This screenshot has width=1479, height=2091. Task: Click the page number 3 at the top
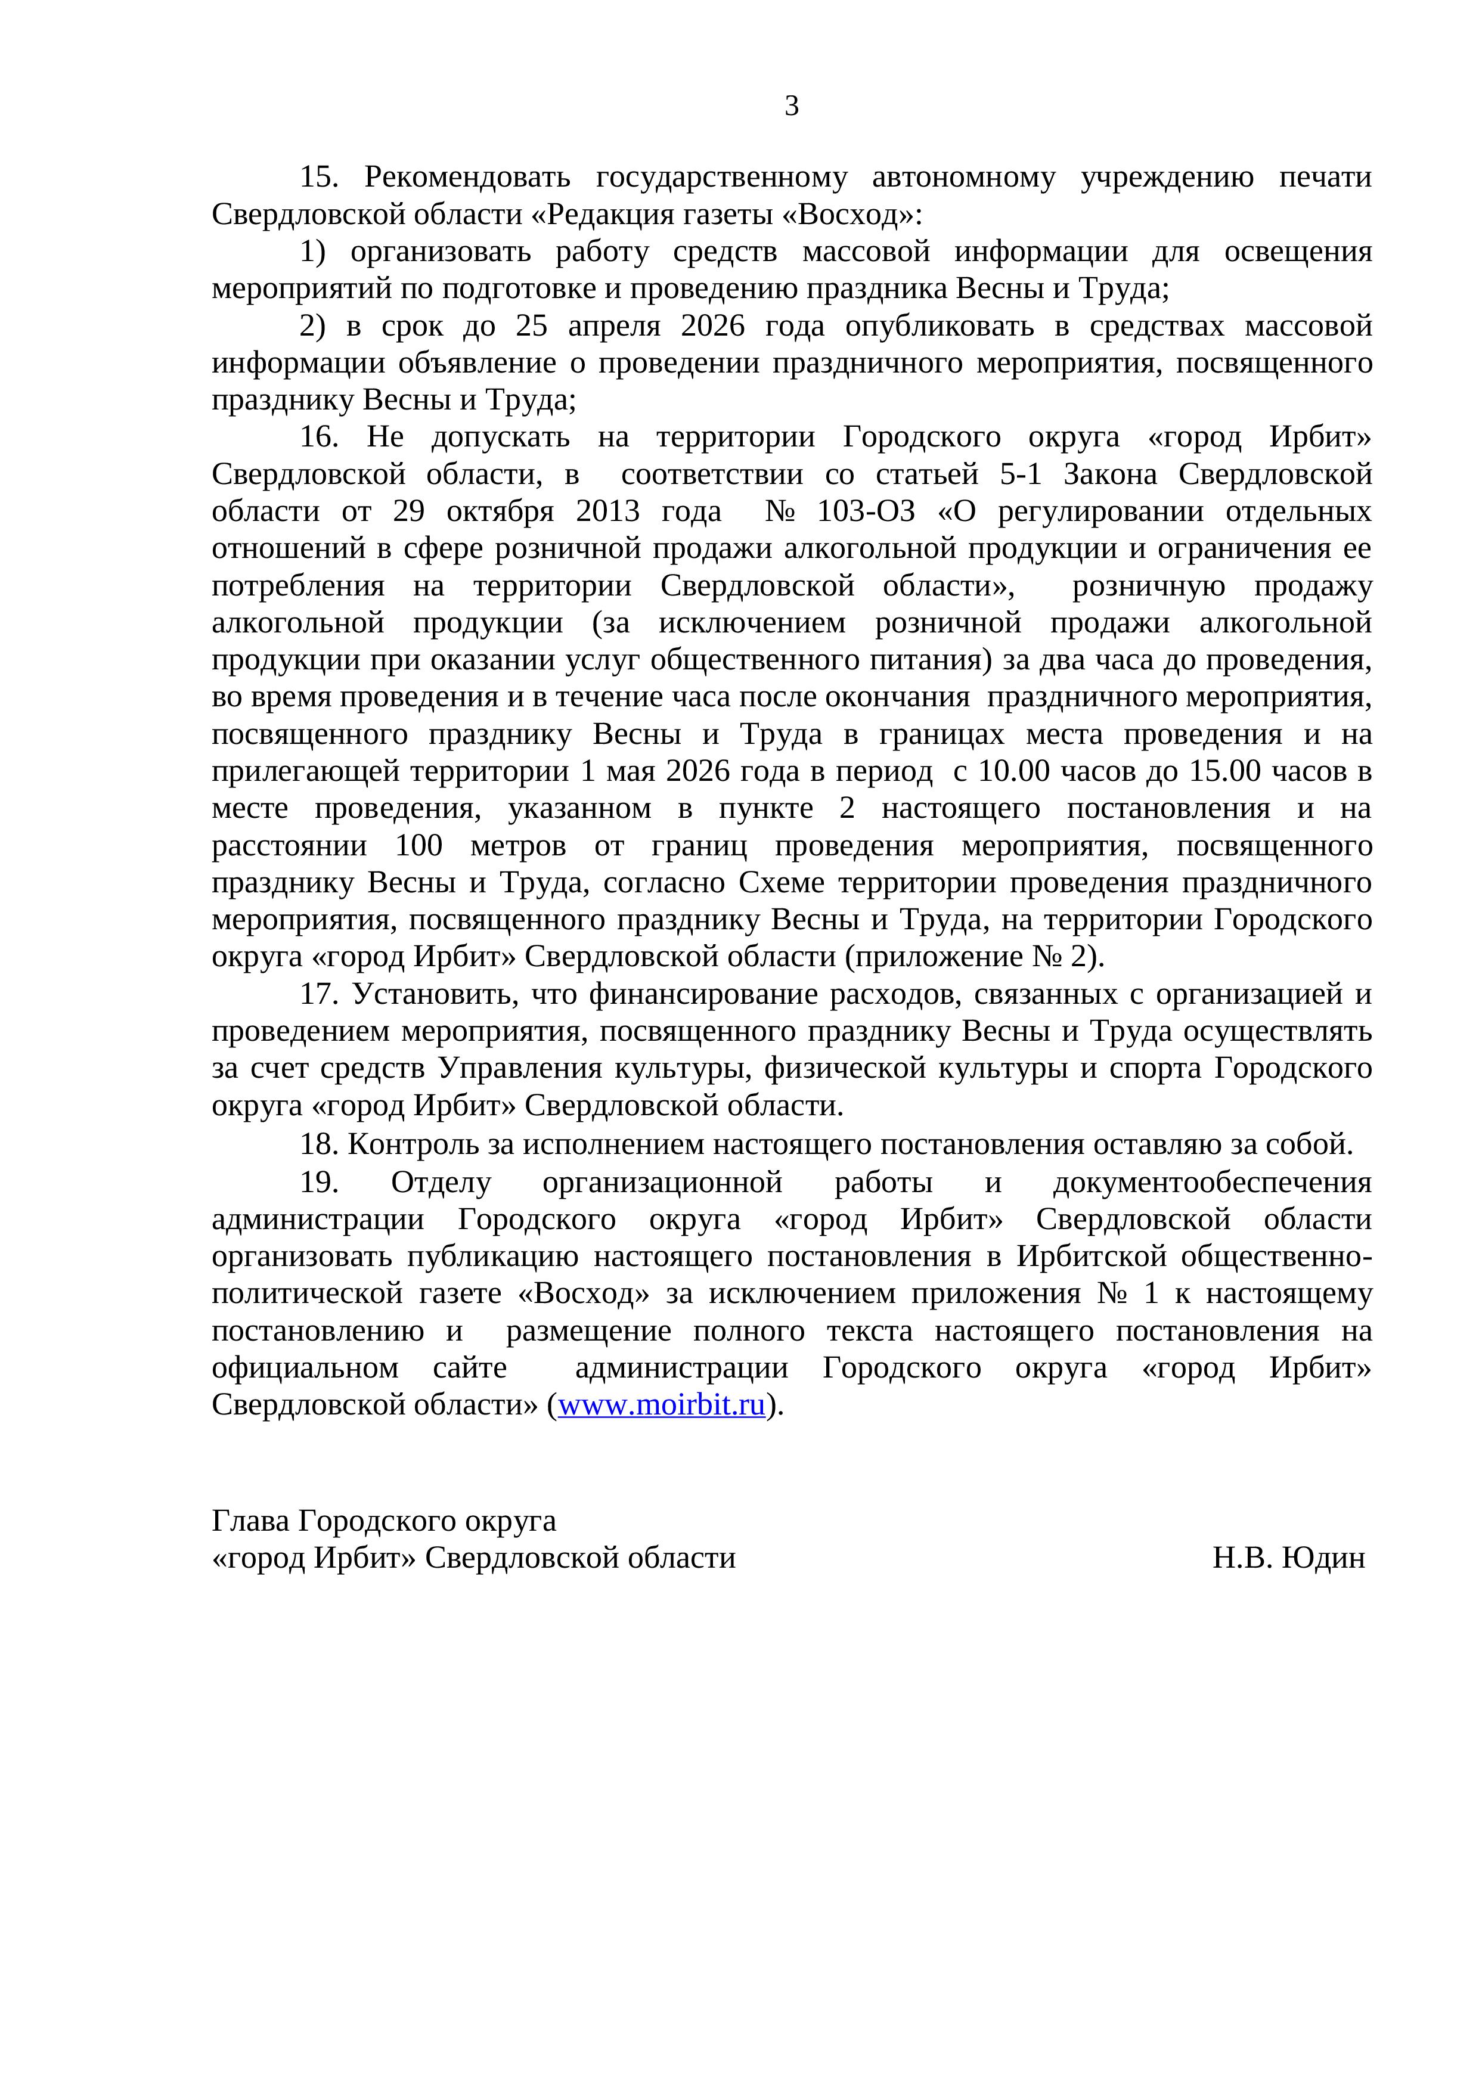click(792, 107)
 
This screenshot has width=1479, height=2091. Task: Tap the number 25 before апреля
click(532, 326)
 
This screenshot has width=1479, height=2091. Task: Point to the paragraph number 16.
click(319, 437)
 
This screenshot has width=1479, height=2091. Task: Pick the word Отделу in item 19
click(441, 1182)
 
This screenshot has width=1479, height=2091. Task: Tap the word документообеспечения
click(1211, 1182)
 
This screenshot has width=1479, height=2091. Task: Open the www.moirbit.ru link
click(661, 1406)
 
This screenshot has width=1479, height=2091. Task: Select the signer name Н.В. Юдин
click(1289, 1558)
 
